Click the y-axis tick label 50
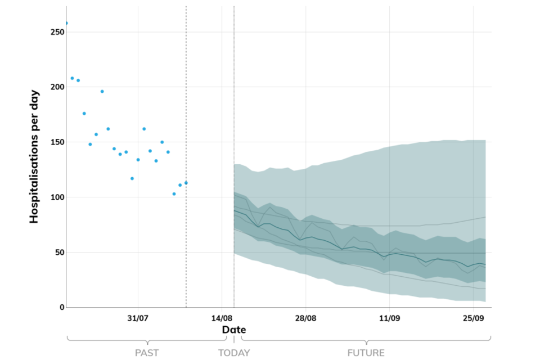[x=57, y=253]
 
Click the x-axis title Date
[x=233, y=330]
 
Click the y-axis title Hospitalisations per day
[x=35, y=156]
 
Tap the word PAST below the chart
[x=147, y=353]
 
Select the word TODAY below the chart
[x=234, y=353]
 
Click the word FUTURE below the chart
[x=366, y=353]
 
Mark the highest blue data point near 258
[x=66, y=23]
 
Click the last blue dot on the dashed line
[x=186, y=183]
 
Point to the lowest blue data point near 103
[x=174, y=193]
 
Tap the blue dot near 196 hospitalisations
[x=102, y=91]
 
